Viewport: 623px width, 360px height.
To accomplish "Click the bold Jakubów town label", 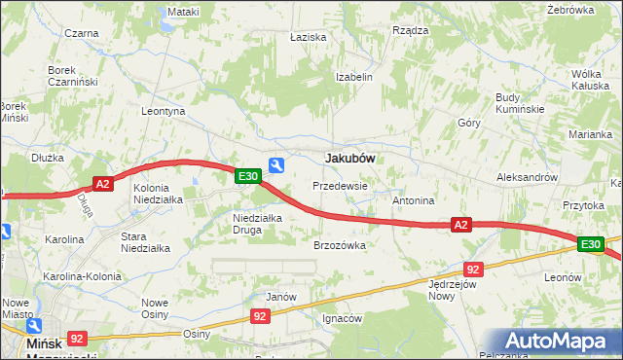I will (350, 158).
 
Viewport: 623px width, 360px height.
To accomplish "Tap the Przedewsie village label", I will (340, 185).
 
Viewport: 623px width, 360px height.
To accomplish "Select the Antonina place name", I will (413, 200).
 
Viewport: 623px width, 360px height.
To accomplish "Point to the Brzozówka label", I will (339, 246).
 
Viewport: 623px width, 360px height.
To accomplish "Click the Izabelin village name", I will (354, 77).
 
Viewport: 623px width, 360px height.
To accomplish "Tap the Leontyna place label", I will (163, 112).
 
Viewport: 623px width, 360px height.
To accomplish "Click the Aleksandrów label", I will (527, 178).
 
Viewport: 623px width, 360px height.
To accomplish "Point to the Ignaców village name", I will (343, 318).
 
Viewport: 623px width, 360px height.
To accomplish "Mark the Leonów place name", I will (563, 277).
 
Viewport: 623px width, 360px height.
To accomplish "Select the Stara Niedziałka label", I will (145, 242).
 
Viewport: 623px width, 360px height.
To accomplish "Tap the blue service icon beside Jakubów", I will (276, 165).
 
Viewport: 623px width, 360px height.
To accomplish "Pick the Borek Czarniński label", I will (74, 76).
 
